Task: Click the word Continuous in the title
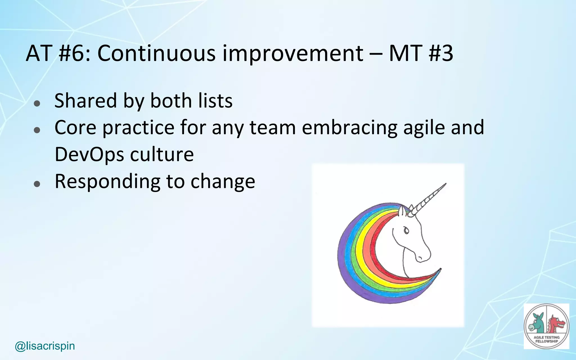point(156,53)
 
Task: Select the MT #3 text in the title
point(421,53)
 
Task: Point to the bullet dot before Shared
point(37,103)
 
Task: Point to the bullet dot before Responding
point(37,184)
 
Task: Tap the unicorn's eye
point(406,231)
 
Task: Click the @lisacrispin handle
point(45,346)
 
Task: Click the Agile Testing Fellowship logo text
point(546,339)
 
